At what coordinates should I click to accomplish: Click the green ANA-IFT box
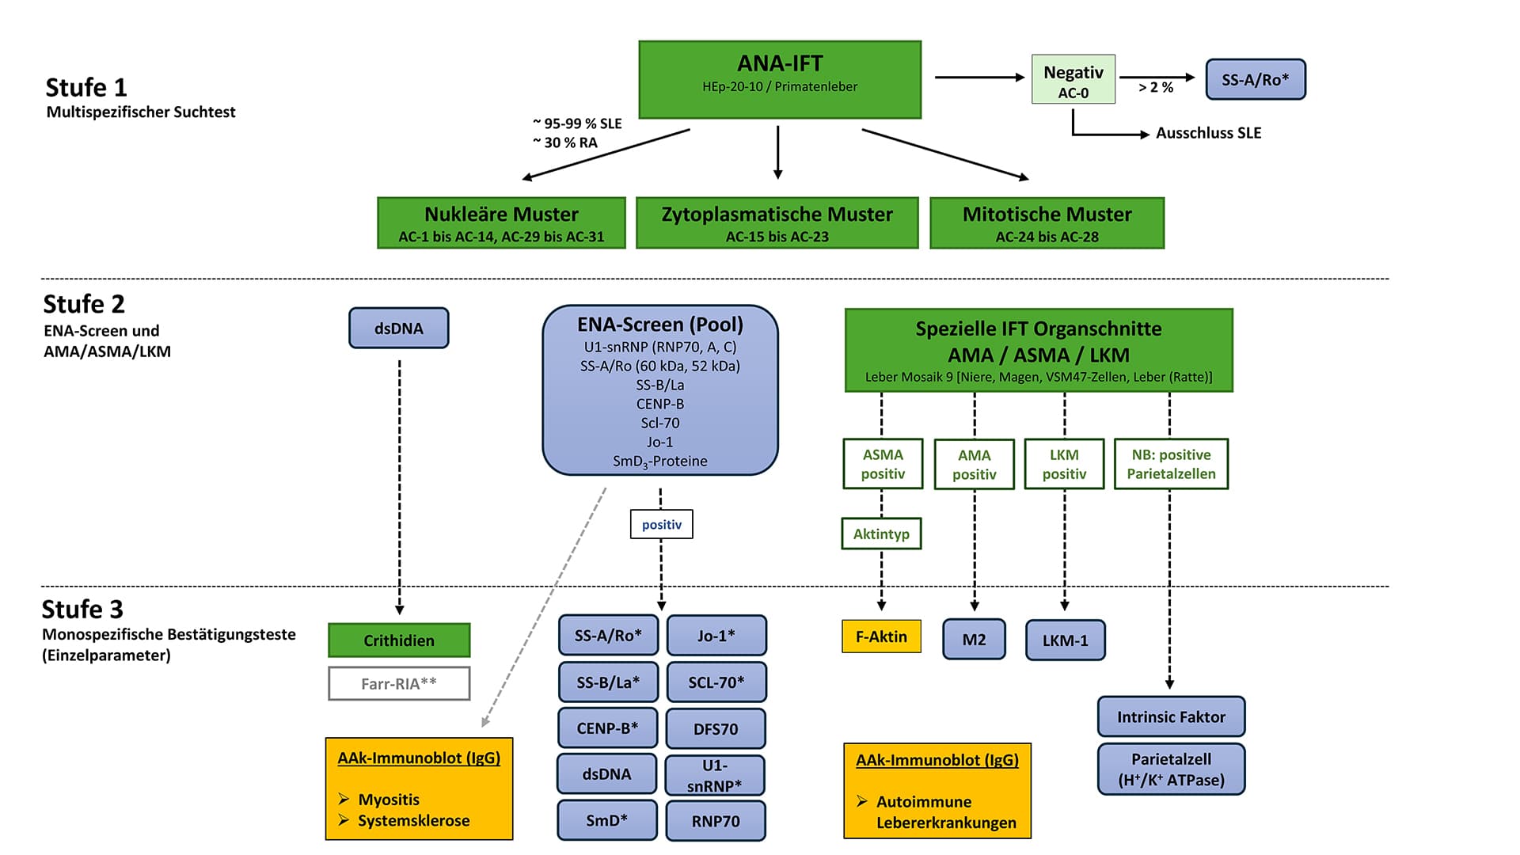click(x=780, y=79)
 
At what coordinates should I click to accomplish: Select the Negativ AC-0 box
click(x=1073, y=79)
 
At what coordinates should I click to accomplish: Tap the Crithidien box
click(x=399, y=640)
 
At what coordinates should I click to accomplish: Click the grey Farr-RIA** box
click(x=399, y=683)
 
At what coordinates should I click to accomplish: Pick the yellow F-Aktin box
click(x=881, y=636)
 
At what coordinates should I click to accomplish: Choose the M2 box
click(x=974, y=640)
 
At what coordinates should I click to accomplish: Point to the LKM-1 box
click(x=1065, y=640)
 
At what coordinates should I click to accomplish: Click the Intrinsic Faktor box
click(x=1171, y=716)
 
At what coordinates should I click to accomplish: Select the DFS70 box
click(x=716, y=728)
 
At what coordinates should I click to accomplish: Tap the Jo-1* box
click(x=716, y=635)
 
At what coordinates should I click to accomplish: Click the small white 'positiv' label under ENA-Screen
click(x=661, y=524)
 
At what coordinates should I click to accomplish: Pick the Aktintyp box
click(x=881, y=534)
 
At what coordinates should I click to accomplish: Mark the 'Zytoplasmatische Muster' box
click(x=777, y=223)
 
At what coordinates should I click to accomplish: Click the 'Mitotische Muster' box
click(x=1047, y=223)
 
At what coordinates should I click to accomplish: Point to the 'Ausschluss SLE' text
click(x=1208, y=133)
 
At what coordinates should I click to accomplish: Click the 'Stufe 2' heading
click(x=84, y=304)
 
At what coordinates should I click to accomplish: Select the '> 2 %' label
click(x=1156, y=87)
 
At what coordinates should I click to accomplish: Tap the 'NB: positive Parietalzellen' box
click(x=1171, y=464)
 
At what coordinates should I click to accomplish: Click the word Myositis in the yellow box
click(x=389, y=800)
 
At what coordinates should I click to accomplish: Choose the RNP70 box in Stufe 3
click(x=716, y=821)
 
